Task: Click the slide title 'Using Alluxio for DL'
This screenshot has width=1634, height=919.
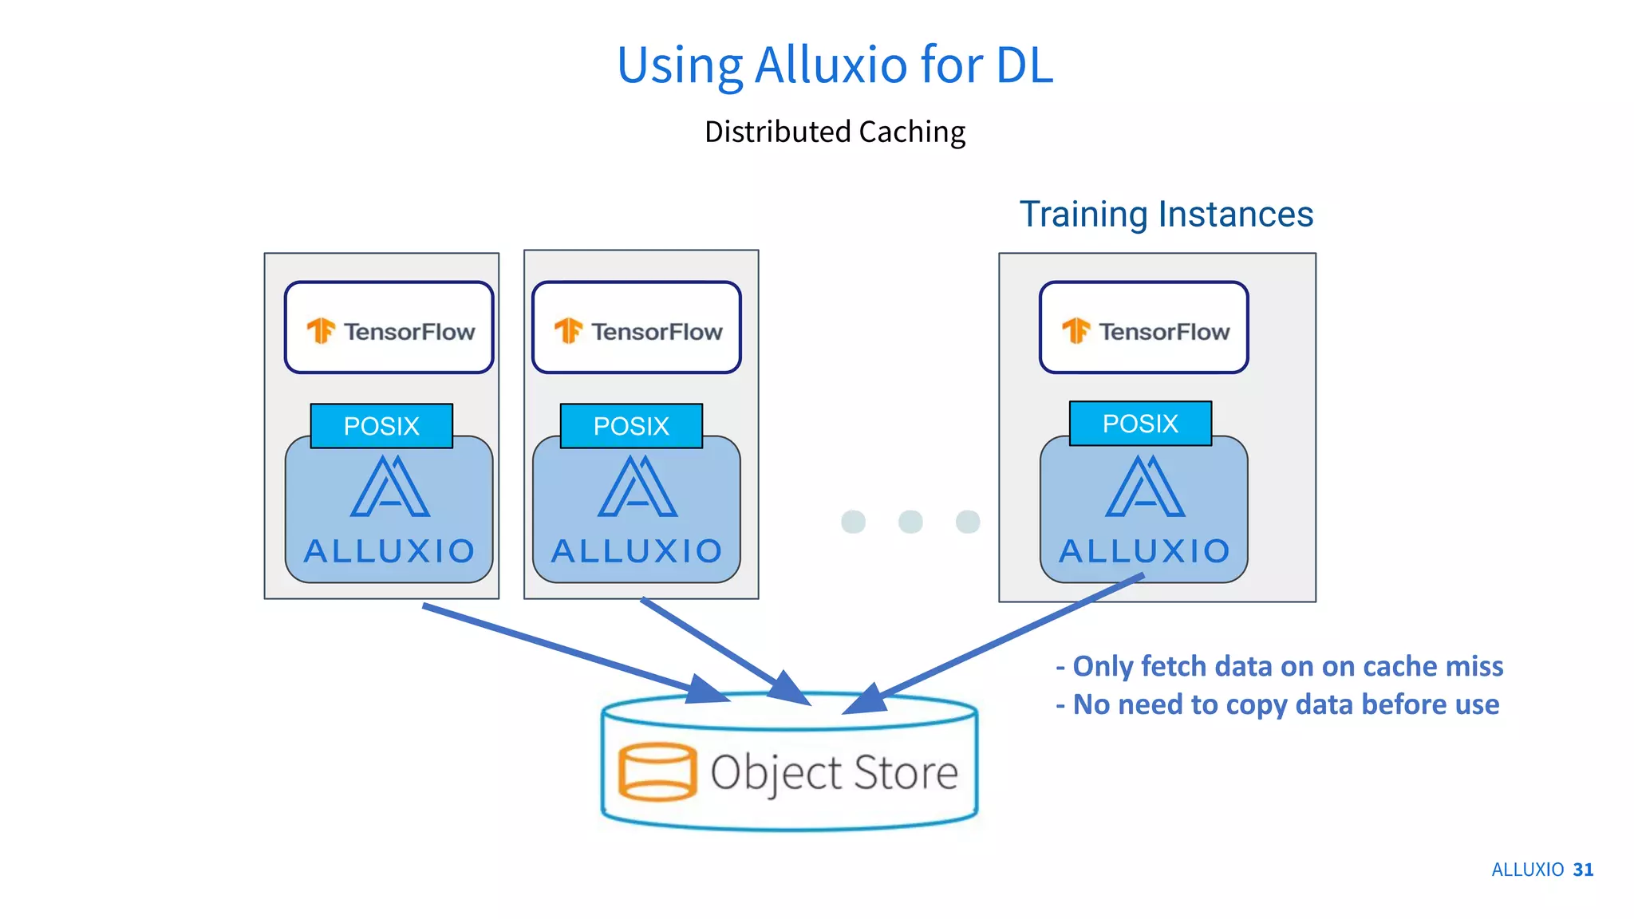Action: point(835,65)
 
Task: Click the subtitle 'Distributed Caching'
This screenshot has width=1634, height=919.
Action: point(835,132)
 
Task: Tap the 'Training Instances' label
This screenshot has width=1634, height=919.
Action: point(1166,214)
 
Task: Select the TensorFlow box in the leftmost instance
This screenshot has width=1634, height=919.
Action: point(389,328)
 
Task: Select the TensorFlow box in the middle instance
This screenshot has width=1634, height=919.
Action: point(637,328)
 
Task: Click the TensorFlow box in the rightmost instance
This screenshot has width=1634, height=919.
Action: point(1143,328)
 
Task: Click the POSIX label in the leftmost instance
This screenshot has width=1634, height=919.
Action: point(381,426)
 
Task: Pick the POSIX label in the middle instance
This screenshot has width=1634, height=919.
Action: point(631,426)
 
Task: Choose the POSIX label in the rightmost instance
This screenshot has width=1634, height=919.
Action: point(1140,424)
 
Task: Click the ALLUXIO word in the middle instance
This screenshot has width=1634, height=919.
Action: point(637,551)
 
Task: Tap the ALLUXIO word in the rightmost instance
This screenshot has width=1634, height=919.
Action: point(1144,551)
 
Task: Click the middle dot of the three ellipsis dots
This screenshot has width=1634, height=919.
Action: point(910,522)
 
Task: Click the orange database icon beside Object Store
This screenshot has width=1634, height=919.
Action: point(657,771)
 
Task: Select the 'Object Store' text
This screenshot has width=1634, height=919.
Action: point(834,772)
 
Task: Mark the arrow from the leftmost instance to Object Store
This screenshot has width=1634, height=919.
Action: point(558,648)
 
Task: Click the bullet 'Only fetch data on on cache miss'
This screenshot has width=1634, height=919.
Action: point(1280,666)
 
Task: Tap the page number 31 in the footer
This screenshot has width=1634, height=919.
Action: point(1583,870)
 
